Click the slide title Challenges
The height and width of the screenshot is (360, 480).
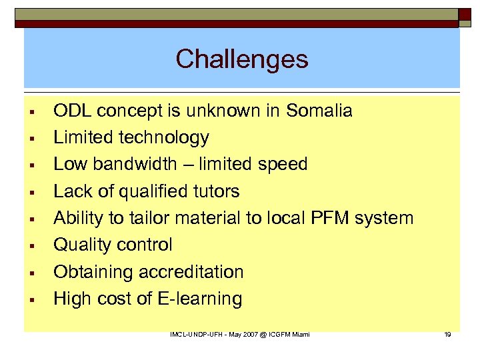pos(242,59)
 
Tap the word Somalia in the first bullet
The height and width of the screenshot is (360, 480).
pos(319,111)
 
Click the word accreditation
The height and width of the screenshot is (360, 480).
pos(191,272)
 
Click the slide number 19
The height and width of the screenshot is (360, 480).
pos(447,334)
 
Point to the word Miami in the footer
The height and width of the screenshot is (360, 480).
pos(301,334)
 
